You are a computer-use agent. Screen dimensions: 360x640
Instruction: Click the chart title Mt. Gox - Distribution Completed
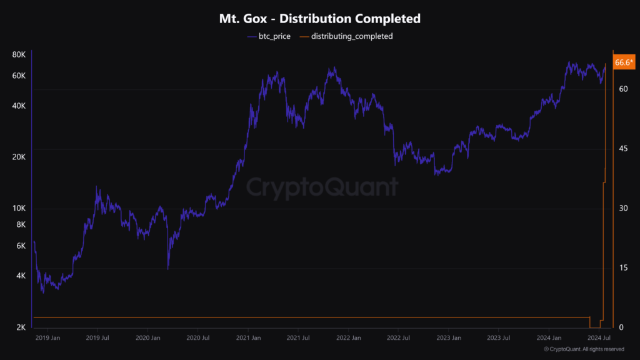(x=319, y=19)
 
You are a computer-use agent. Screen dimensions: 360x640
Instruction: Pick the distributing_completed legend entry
(x=346, y=36)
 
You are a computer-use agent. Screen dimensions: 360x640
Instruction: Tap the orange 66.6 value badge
(x=623, y=62)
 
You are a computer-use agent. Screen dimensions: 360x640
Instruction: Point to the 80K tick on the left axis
(x=19, y=55)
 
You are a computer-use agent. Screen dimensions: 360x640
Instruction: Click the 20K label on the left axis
(x=19, y=157)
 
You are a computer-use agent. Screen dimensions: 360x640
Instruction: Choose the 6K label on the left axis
(x=21, y=246)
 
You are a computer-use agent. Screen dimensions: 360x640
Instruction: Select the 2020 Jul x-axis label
(x=197, y=338)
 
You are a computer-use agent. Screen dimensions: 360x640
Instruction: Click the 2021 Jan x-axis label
(x=248, y=338)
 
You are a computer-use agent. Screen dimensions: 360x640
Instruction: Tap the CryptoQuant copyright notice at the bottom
(x=584, y=349)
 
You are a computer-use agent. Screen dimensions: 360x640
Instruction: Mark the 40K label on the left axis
(x=19, y=106)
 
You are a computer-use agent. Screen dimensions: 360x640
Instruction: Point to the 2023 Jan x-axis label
(x=448, y=338)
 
